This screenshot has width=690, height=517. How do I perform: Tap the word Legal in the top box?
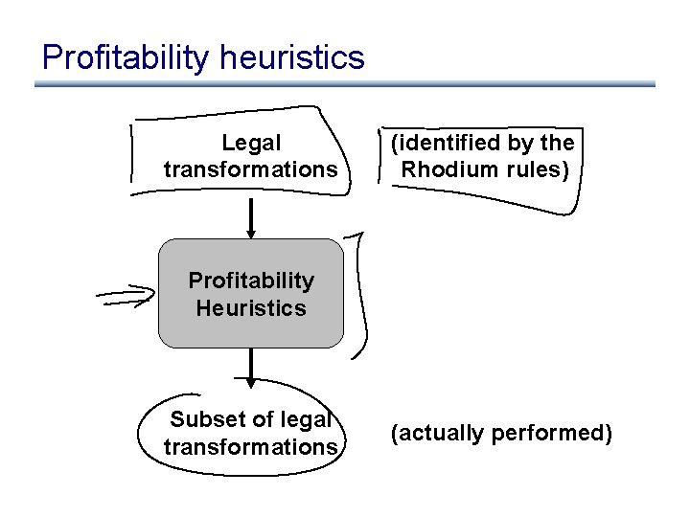251,144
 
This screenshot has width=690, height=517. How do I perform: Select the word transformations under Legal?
251,170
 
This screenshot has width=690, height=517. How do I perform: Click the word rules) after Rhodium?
537,170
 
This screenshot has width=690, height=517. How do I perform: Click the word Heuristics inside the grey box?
251,308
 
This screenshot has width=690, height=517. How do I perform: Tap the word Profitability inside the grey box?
251,281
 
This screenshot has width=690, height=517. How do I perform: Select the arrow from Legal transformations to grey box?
251,218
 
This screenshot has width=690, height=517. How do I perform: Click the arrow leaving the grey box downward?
251,368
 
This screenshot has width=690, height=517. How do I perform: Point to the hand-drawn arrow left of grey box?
127,296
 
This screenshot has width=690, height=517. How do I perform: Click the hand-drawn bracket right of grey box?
360,295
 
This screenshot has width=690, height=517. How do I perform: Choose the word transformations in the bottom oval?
251,447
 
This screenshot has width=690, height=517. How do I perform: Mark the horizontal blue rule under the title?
345,84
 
